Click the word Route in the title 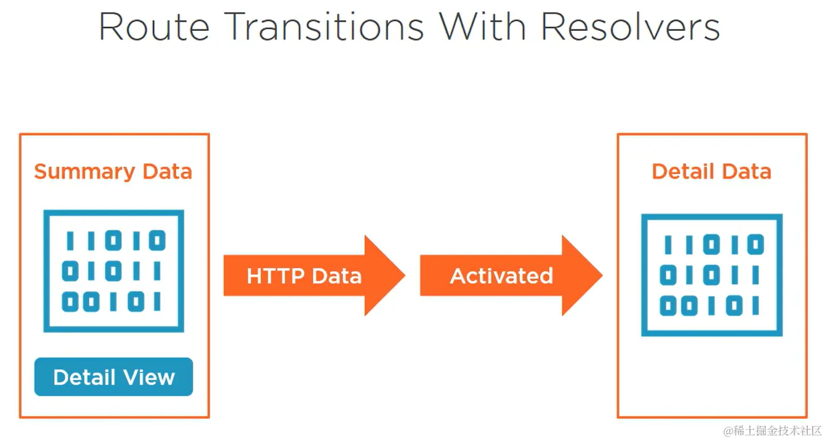[x=154, y=27]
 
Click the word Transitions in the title [x=324, y=27]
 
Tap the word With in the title [x=482, y=26]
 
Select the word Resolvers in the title [x=630, y=27]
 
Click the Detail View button [x=114, y=377]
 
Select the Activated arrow [x=511, y=275]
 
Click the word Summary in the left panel [x=85, y=172]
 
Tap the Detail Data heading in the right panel [x=712, y=172]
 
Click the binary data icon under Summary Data [x=114, y=271]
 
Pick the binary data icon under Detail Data [x=712, y=275]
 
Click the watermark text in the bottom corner [x=773, y=430]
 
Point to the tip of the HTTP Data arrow [x=406, y=275]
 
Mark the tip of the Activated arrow [x=603, y=275]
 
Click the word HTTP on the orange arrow [x=276, y=275]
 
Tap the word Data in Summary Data [x=168, y=172]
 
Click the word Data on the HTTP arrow [x=337, y=275]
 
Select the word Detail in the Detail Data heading [x=683, y=172]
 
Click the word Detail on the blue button [x=85, y=377]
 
